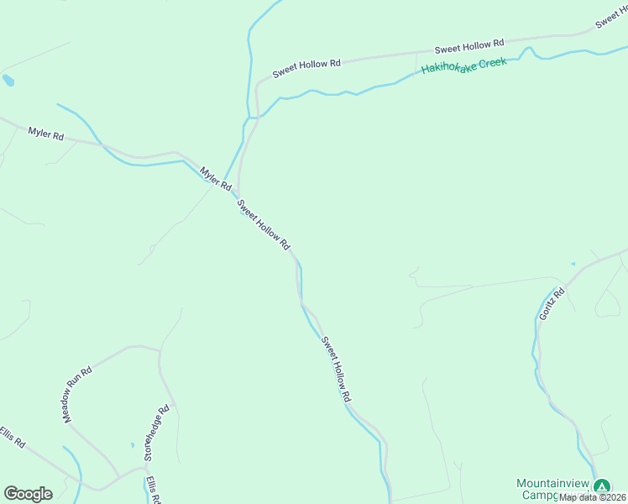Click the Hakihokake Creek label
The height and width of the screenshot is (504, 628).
click(463, 66)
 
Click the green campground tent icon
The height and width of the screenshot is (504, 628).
click(601, 486)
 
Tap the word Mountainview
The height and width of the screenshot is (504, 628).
click(552, 483)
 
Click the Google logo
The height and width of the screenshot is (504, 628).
click(28, 494)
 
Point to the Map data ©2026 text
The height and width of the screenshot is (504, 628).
click(592, 497)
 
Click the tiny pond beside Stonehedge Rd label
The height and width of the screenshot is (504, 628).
click(132, 444)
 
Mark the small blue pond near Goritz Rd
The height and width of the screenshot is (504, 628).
click(573, 264)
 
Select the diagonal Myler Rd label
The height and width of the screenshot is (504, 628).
click(215, 178)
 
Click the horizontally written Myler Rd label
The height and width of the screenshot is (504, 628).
click(46, 133)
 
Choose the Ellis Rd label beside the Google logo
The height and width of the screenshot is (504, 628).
click(13, 437)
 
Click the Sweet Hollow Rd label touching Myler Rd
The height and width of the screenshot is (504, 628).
click(263, 224)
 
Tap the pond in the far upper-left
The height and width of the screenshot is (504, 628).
click(8, 81)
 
